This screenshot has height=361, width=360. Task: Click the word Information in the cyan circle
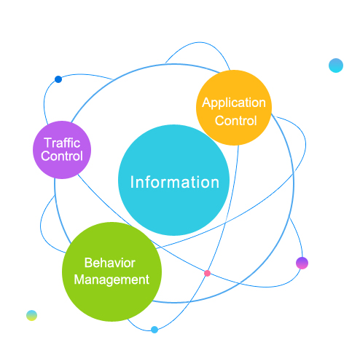coord(175,182)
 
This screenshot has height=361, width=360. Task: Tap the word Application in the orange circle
coord(234,103)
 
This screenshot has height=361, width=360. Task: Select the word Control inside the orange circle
coord(235,121)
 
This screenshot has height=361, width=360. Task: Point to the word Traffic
coord(62,143)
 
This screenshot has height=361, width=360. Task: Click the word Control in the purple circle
coord(62,156)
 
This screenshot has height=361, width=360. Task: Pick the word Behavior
coord(110,263)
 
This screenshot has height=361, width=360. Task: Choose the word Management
coord(111,280)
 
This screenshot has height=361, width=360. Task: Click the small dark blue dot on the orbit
coord(58,79)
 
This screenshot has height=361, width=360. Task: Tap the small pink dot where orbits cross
coord(207,274)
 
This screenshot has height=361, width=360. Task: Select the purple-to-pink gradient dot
coord(302,263)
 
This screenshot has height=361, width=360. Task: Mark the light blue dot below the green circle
coord(154,330)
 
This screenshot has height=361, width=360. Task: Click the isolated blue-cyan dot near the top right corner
coord(336,66)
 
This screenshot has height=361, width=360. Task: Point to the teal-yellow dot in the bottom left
coord(31,315)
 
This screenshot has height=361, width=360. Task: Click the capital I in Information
coord(132,182)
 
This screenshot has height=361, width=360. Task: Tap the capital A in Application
coord(206,103)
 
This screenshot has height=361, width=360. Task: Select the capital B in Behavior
coord(88,263)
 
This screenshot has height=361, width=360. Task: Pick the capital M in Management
coord(79,279)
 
